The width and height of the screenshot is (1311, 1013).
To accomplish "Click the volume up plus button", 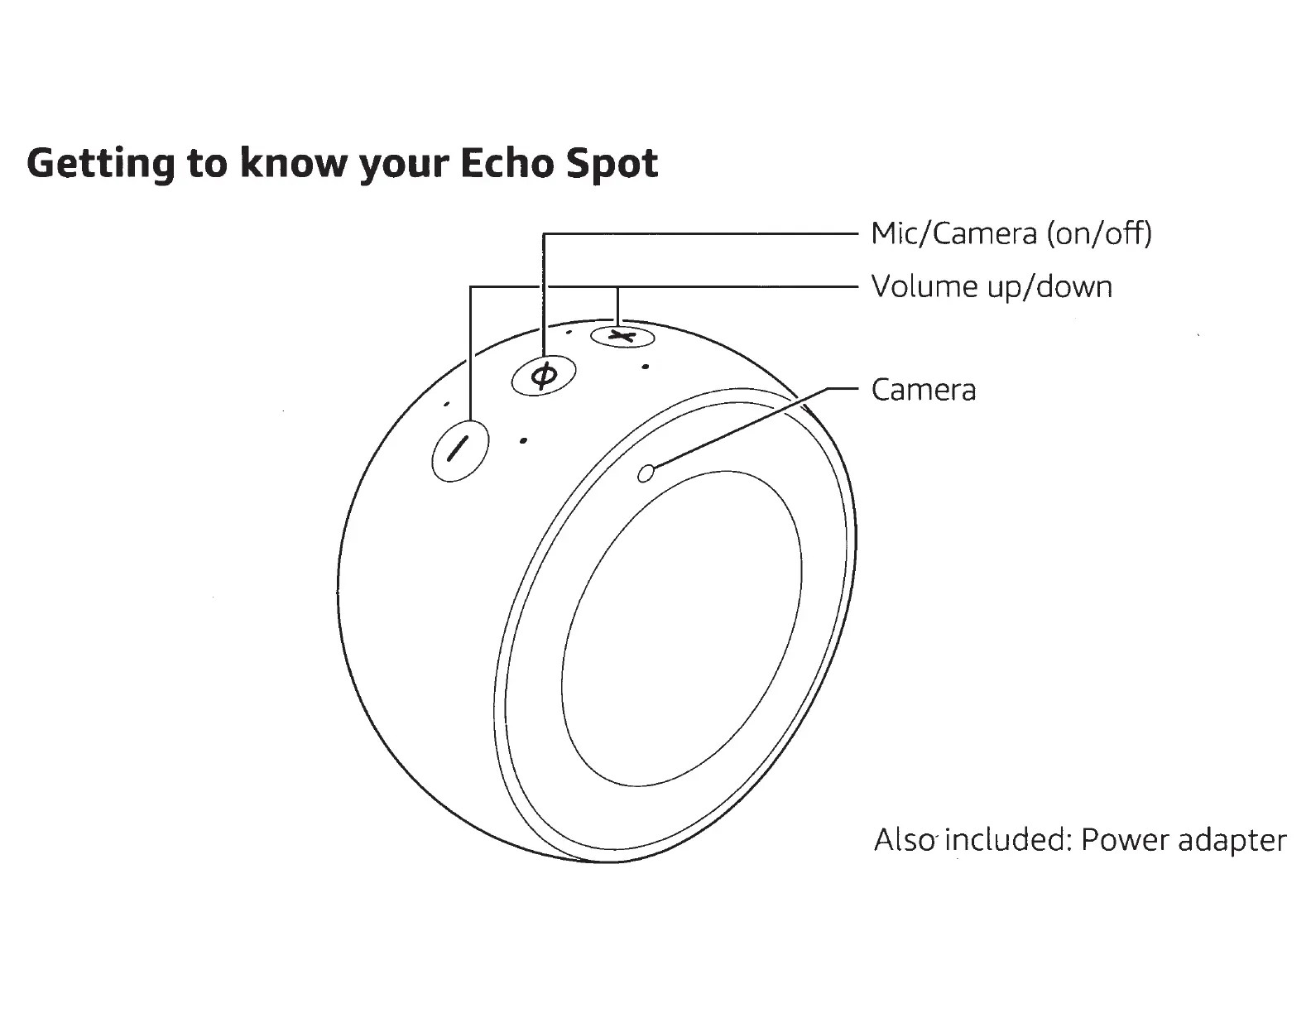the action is (622, 336).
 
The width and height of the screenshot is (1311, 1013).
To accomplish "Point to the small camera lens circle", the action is (646, 473).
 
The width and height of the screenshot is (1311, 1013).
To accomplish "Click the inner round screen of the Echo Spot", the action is (682, 629).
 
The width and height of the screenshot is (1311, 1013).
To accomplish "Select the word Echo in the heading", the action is (507, 163).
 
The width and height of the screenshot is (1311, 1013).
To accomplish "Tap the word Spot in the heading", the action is (612, 164).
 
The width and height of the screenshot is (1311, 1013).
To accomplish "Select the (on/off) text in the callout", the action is (1099, 234).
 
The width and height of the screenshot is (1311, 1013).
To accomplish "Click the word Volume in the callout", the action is (921, 287).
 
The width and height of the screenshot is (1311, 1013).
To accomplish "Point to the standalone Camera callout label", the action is (924, 390).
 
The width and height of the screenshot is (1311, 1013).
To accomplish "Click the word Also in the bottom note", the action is (905, 840).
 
